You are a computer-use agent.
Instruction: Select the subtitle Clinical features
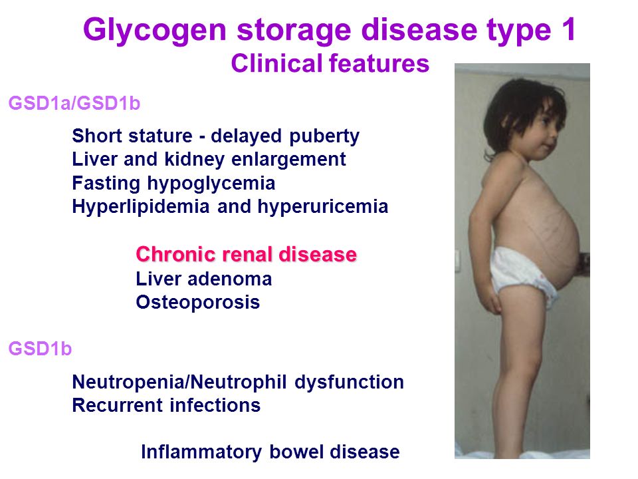330,64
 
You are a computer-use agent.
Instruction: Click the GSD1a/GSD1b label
74,103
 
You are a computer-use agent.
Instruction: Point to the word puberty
324,137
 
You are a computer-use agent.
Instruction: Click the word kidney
194,160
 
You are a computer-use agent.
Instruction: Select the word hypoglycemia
211,184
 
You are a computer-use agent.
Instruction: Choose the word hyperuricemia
323,207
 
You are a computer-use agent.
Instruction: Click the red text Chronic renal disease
246,255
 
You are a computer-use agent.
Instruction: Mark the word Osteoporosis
198,302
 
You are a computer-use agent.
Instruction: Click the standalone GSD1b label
40,349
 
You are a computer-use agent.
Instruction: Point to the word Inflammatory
201,453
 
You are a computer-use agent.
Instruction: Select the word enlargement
288,160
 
